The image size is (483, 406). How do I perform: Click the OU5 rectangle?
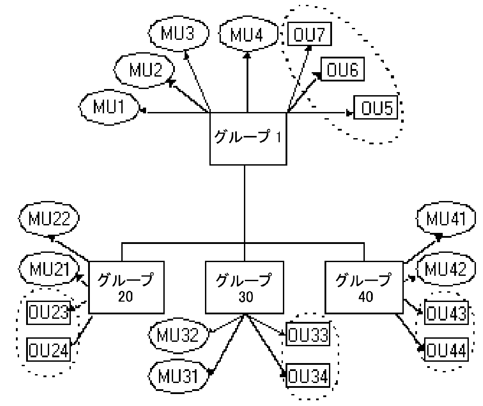(379, 108)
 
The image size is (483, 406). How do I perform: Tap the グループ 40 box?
(364, 287)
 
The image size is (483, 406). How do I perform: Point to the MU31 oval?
(180, 376)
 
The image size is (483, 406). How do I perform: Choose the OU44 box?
(445, 351)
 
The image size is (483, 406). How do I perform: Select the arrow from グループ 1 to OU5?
(319, 113)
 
